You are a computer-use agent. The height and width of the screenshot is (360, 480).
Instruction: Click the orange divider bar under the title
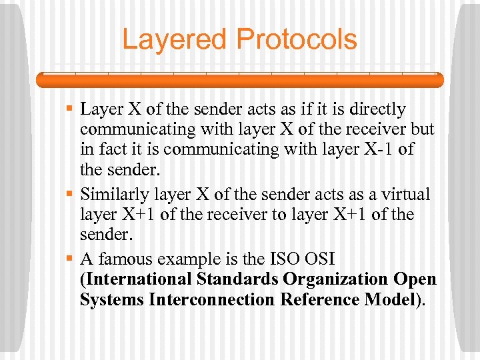coord(239,79)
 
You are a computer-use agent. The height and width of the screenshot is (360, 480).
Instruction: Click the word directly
coord(374,109)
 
